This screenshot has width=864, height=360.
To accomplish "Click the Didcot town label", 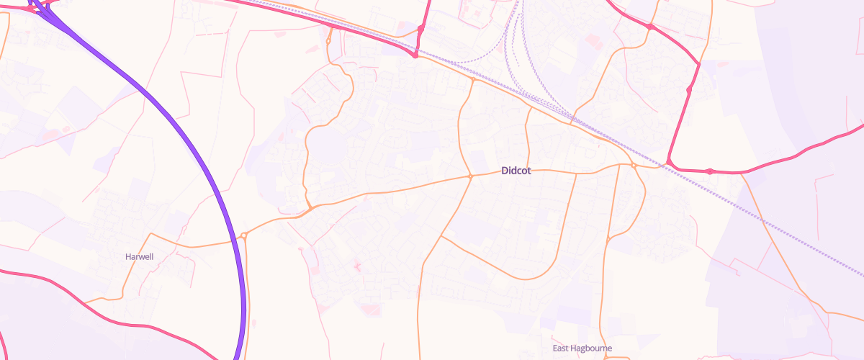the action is point(516,171).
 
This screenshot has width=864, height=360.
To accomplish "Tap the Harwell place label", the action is point(139,256).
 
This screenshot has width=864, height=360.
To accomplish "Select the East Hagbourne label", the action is point(582,348).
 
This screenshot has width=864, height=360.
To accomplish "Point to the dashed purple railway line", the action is point(792,235).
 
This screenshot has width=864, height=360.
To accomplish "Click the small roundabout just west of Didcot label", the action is point(470,176).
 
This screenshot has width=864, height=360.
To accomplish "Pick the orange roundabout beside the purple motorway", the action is point(244,235).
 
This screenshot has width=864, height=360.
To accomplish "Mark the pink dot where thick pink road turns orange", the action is point(415,55).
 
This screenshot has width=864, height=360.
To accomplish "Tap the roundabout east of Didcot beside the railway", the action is point(634,166).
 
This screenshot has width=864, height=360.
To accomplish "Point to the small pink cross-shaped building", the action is point(356,267).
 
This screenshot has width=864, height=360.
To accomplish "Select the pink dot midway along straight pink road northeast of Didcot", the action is point(689,90).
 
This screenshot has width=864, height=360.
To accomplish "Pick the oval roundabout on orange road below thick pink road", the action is point(328,41).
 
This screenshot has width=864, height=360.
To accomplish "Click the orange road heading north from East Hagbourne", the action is point(601,302).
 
